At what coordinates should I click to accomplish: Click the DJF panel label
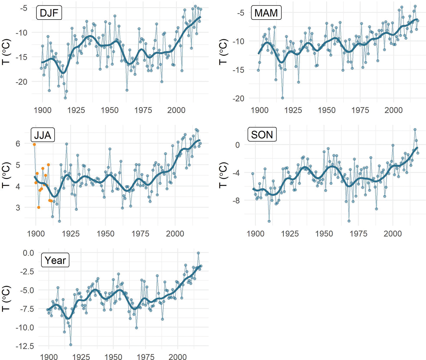pos(49,13)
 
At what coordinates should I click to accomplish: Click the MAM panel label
pos(266,13)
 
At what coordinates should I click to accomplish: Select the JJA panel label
pos(43,135)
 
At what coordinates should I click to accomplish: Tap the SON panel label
pos(262,135)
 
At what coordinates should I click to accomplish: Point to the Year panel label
pos(55,260)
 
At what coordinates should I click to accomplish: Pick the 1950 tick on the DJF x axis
pos(109,110)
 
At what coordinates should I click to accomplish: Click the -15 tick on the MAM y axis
pos(238,70)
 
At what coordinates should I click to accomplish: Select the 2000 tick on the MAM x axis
pos(393,110)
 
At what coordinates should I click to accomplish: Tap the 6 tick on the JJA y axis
pos(18,143)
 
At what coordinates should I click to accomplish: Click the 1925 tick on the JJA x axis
pos(71,234)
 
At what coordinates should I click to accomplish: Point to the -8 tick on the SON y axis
pos(237,201)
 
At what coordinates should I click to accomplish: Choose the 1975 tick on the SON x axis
pos(359,234)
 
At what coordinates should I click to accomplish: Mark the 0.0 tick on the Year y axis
pos(28,253)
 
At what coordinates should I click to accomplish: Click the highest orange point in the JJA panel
pos(34,144)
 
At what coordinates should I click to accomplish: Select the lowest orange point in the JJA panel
pos(39,207)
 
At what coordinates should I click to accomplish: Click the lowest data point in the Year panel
pos(71,345)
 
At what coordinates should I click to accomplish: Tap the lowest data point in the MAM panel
pos(282,98)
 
